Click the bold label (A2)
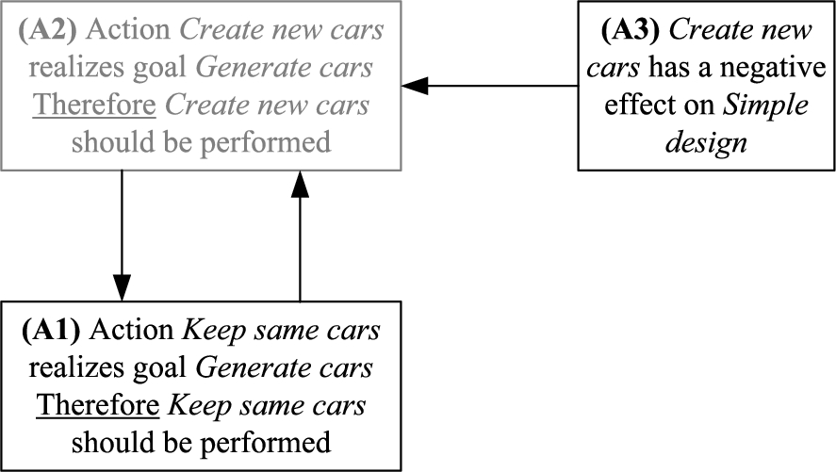pos(47,30)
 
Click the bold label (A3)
pos(631,30)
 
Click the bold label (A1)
pos(51,331)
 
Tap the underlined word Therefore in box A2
pos(94,105)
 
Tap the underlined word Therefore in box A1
pos(98,405)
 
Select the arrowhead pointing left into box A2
pos(415,85)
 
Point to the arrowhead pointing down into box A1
pos(123,287)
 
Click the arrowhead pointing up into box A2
pos(300,185)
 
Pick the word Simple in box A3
pos(765,106)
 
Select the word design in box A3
pos(707,143)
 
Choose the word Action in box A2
pos(128,30)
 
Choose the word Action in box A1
pos(132,331)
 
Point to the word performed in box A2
pos(266,143)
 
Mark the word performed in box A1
pos(266,443)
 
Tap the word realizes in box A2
pos(76,68)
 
